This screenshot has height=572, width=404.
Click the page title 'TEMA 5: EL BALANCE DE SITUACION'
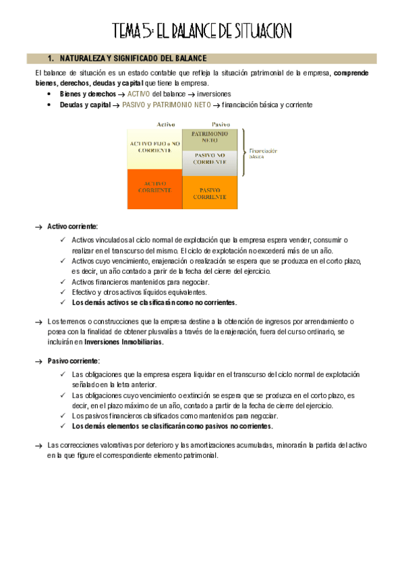click(202, 31)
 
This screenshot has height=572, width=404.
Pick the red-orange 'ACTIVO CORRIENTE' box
click(154, 188)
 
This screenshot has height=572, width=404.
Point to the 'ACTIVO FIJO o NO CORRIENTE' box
click(154, 148)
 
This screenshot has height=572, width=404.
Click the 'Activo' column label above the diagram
click(166, 123)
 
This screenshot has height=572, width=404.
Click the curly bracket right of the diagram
click(243, 152)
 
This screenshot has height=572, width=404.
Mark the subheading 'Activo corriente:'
click(72, 227)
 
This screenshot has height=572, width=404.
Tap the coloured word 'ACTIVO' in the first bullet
click(139, 94)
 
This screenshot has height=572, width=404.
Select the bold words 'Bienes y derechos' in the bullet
click(88, 94)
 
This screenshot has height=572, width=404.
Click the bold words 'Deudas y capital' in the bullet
click(86, 105)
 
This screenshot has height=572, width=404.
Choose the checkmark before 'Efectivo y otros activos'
click(63, 292)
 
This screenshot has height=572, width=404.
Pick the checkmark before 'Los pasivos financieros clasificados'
click(63, 416)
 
